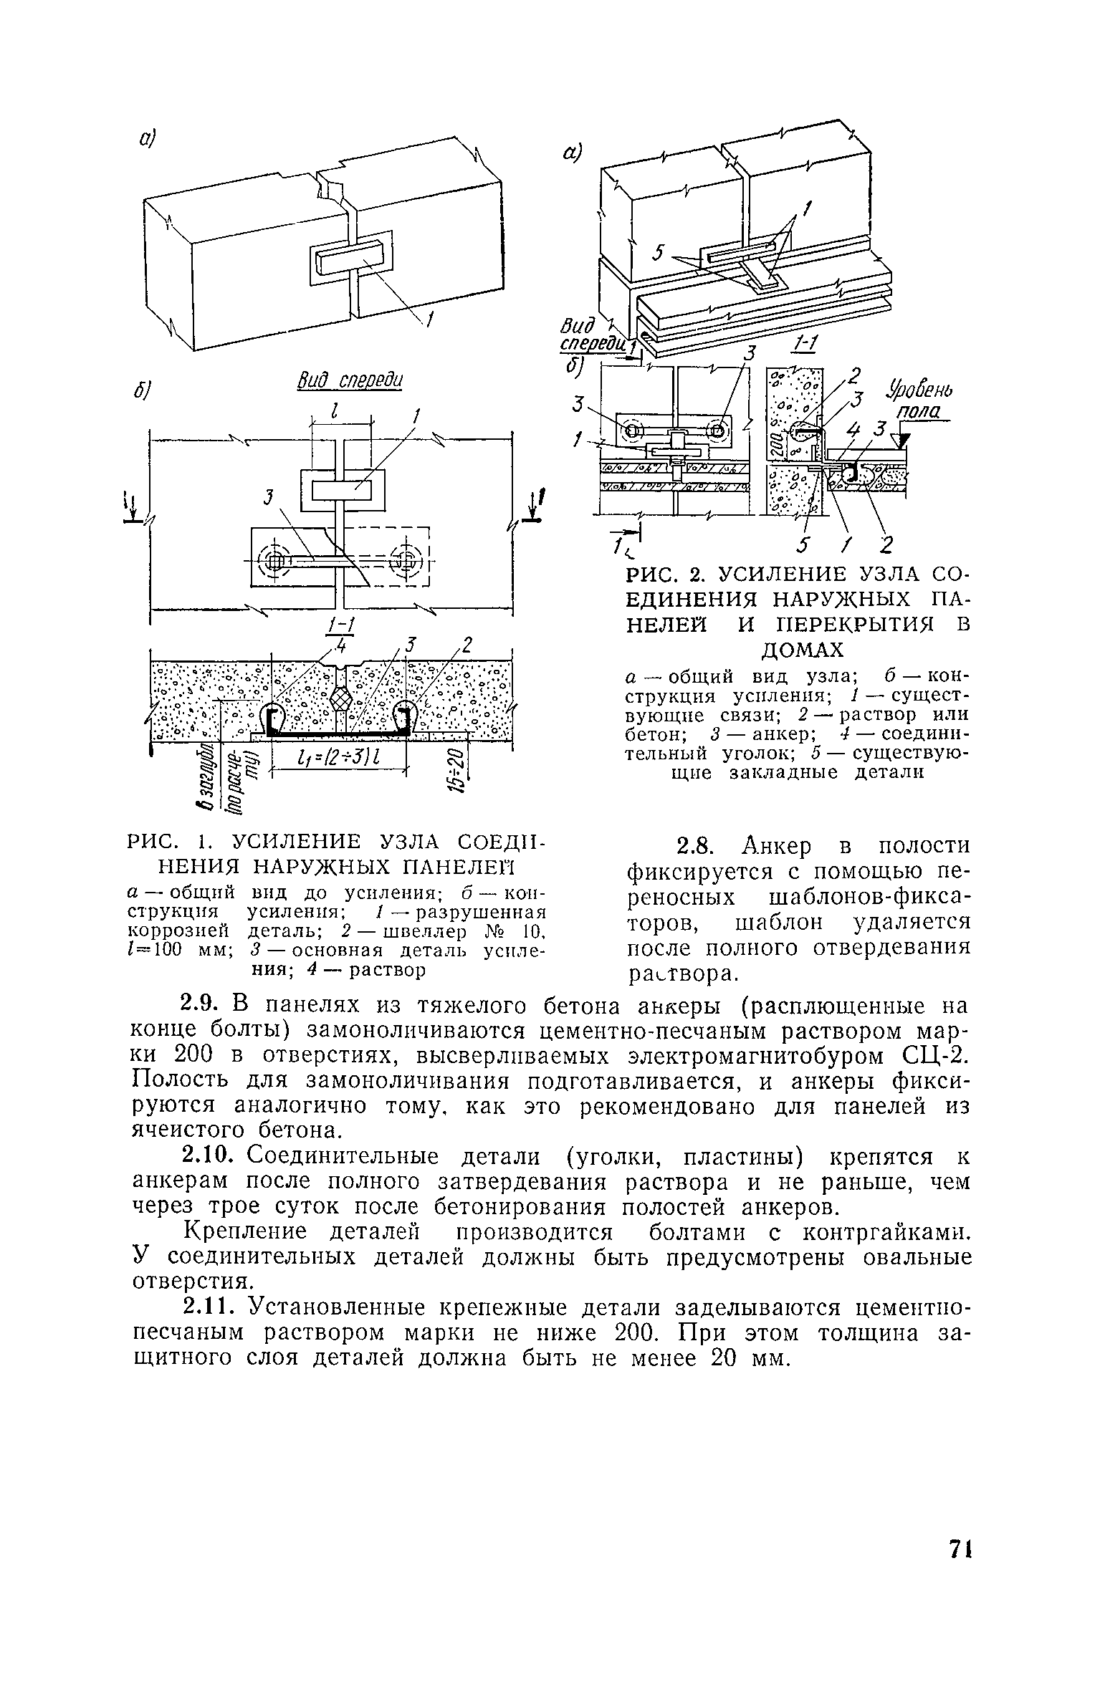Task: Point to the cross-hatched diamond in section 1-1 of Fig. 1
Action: [x=341, y=698]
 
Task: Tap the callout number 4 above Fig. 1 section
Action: [x=342, y=646]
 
